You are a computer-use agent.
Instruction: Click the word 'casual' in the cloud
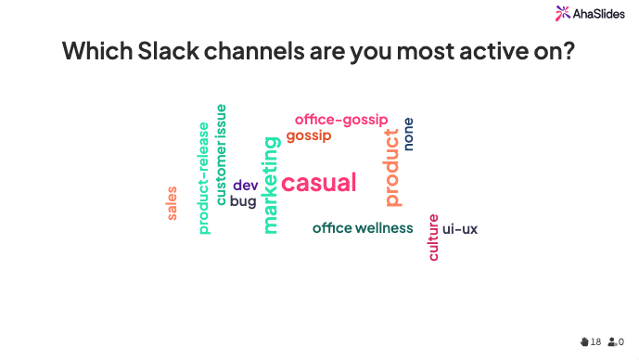point(318,183)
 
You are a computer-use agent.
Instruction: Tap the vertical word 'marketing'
point(270,185)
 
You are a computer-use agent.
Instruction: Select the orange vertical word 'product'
point(392,167)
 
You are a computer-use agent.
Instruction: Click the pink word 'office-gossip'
point(341,120)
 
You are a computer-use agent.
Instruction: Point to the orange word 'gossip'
point(308,136)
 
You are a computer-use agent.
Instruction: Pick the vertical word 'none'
point(408,134)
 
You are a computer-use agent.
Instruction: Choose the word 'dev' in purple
point(245,185)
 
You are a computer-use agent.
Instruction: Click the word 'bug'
point(243,200)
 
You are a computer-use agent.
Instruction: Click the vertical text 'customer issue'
point(221,154)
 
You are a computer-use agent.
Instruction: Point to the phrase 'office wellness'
point(363,228)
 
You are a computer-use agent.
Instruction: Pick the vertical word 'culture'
point(433,238)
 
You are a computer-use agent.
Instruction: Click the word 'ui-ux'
point(460,228)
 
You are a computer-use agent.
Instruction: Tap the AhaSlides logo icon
point(563,12)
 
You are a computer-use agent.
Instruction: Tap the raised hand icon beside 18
point(584,341)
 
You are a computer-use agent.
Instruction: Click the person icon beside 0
point(612,341)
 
